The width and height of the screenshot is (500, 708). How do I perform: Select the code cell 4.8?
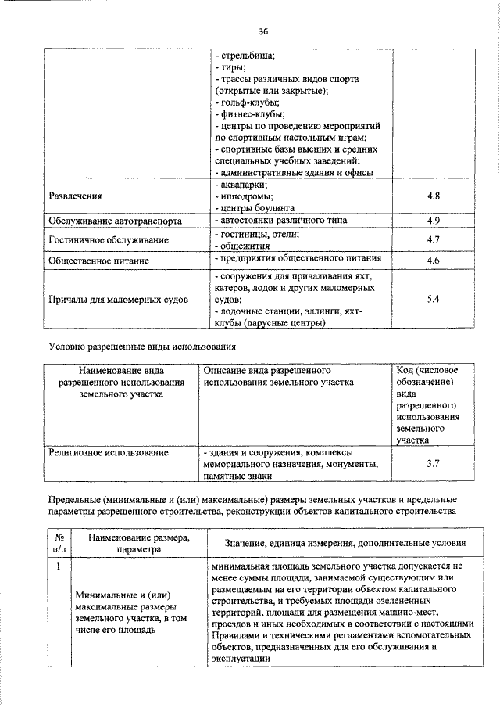434,196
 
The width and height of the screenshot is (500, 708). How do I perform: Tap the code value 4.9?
434,221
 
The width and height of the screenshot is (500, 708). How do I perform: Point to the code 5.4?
434,299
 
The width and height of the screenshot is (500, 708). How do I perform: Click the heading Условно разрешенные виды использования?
141,345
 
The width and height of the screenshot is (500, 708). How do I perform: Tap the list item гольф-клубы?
248,102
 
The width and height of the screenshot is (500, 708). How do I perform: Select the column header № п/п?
59,543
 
